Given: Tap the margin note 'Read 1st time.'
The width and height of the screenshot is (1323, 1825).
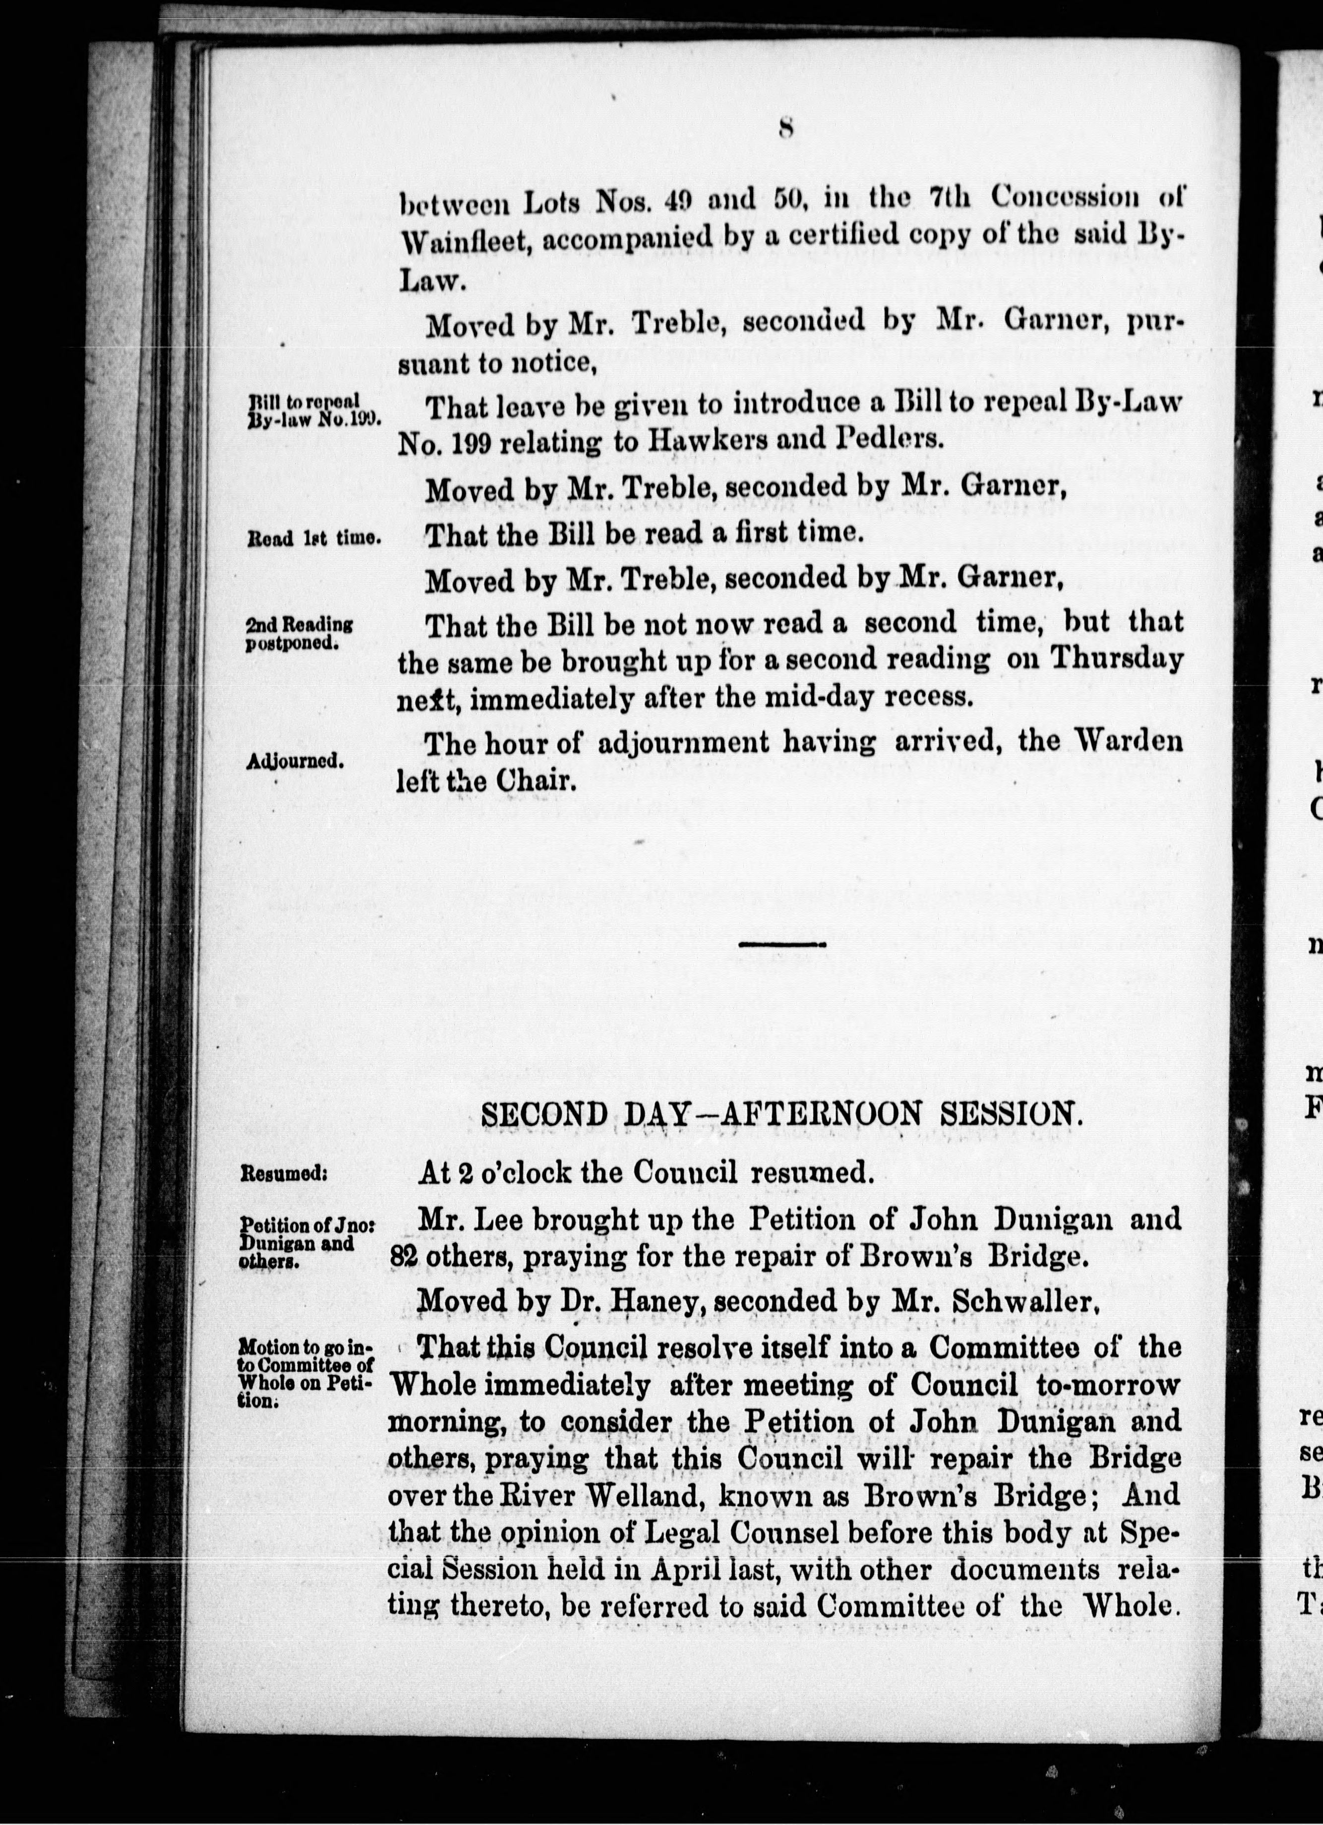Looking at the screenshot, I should [x=313, y=539].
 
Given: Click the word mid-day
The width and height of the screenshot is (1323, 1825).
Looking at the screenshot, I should [x=808, y=696].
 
